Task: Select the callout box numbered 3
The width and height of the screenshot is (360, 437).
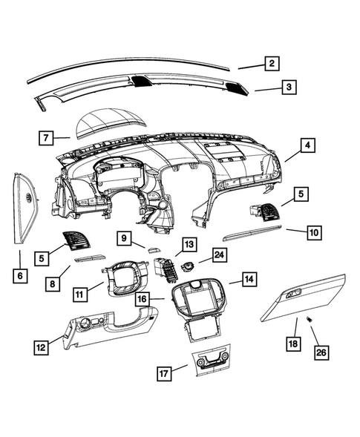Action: (x=289, y=88)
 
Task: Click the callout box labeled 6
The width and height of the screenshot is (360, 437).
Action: (x=20, y=276)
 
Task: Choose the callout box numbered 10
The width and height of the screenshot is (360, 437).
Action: (x=315, y=232)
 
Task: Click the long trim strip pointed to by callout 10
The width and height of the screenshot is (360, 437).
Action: (x=252, y=236)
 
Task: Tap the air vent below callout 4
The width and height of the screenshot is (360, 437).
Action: (x=264, y=211)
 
